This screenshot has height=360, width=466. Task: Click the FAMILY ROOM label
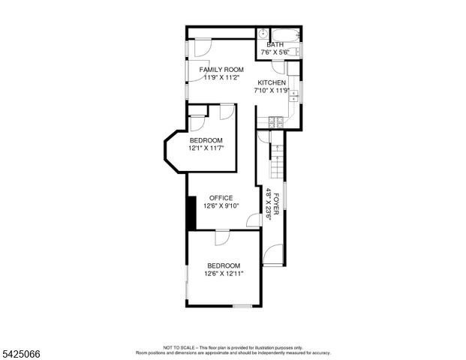221,70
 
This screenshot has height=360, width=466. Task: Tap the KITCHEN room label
272,82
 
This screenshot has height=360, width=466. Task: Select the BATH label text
275,45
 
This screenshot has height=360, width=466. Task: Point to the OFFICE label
221,198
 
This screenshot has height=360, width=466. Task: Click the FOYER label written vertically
275,204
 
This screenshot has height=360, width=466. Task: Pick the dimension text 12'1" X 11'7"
206,148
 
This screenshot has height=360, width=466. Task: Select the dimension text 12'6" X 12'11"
224,274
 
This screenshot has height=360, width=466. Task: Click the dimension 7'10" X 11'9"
272,90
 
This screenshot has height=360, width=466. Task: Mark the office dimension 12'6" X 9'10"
221,205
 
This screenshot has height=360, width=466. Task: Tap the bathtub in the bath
286,34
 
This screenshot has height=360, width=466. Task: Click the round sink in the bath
263,34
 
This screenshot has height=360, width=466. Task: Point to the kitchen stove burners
275,121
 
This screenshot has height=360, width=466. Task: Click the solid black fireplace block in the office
191,213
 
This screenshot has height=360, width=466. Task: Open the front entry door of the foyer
273,255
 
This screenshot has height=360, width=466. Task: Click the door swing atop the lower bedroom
223,238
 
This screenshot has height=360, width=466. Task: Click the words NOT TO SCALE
179,348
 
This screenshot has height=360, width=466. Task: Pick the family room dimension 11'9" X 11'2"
221,77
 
